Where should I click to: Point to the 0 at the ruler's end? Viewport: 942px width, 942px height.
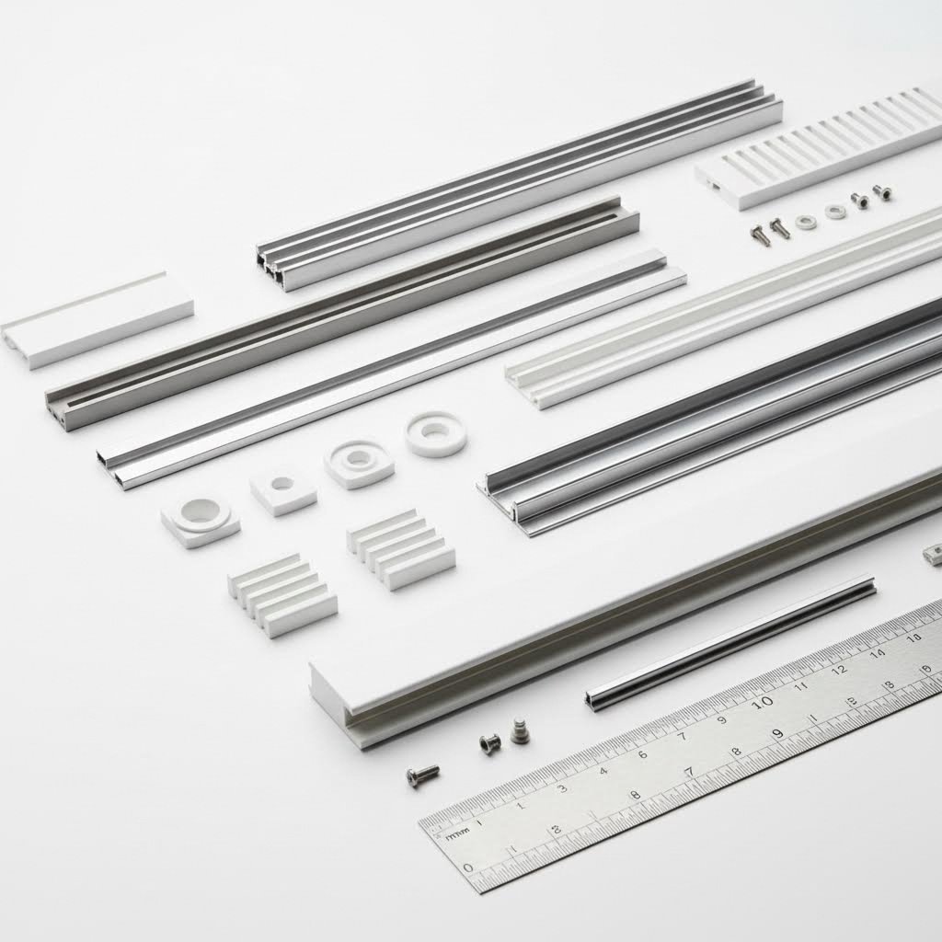[468, 867]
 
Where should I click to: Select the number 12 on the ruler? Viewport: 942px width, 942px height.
[838, 670]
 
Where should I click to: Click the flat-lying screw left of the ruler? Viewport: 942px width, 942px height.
[422, 775]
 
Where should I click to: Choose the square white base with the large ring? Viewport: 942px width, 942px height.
[201, 519]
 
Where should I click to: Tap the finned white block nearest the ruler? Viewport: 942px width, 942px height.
[282, 594]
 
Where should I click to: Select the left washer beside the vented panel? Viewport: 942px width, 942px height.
[807, 222]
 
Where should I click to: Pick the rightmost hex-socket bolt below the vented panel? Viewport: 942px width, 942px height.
[881, 192]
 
